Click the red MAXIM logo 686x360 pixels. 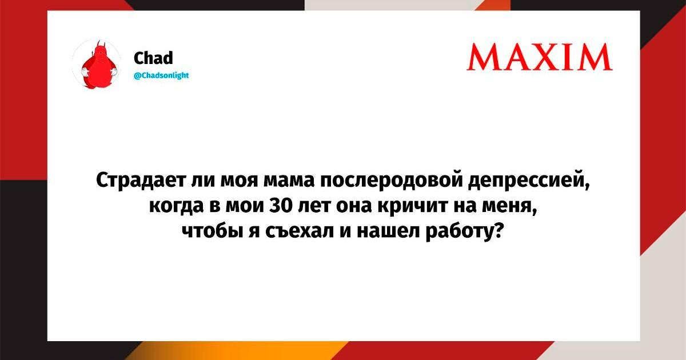tap(539, 57)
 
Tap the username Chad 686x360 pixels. tap(153, 58)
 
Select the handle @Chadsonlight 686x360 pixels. tap(161, 75)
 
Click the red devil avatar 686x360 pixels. tap(97, 64)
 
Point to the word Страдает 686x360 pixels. tap(141, 181)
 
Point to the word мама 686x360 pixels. tap(289, 181)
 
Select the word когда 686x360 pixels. tap(176, 206)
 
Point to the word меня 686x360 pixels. tap(510, 207)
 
